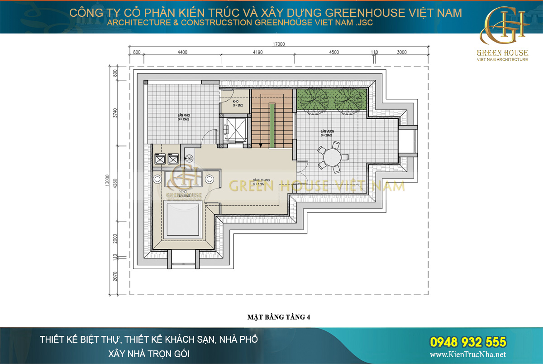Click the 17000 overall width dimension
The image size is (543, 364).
pyautogui.click(x=279, y=44)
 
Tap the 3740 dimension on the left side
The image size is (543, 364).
pyautogui.click(x=115, y=112)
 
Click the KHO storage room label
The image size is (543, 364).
pyautogui.click(x=235, y=103)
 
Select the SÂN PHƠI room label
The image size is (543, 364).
pyautogui.click(x=183, y=117)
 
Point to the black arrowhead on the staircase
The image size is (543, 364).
pyautogui.click(x=261, y=145)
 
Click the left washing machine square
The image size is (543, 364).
pyautogui.click(x=160, y=159)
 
